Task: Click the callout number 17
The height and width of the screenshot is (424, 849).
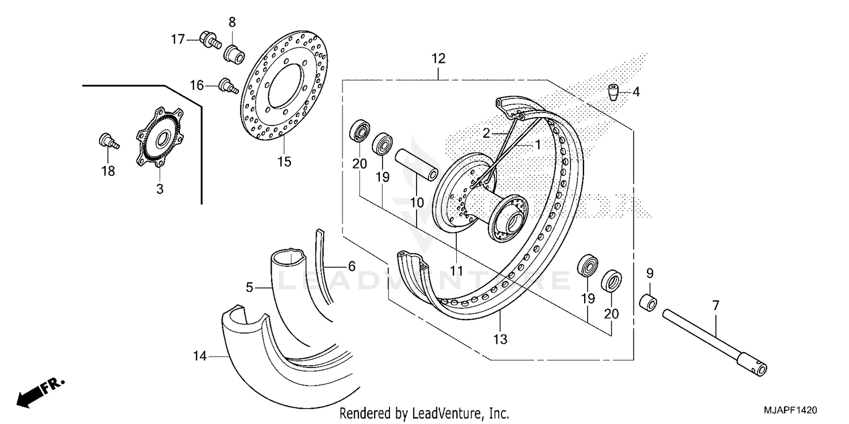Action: (x=178, y=40)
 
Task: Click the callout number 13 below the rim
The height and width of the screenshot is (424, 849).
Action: (x=500, y=339)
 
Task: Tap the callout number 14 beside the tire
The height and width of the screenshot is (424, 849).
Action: (x=200, y=356)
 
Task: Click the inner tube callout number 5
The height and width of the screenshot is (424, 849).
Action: (x=249, y=288)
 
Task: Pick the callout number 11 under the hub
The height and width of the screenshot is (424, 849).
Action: (x=457, y=270)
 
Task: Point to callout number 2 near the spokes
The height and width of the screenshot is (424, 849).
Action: (x=486, y=133)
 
